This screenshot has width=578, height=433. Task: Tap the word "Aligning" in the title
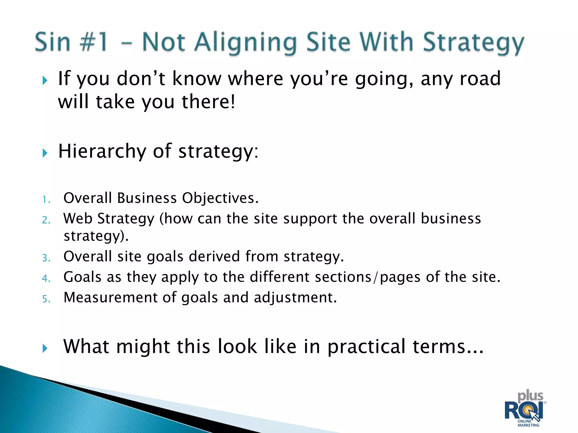246,43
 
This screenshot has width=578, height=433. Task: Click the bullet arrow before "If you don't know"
45,81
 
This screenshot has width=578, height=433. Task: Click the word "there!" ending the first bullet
208,102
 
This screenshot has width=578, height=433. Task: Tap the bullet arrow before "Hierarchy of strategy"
45,153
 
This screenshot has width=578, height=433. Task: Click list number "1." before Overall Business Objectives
46,200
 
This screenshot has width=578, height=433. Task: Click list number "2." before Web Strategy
46,220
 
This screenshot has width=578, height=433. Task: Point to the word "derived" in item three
214,257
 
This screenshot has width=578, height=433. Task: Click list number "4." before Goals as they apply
46,279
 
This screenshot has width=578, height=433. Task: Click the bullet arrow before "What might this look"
45,348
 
